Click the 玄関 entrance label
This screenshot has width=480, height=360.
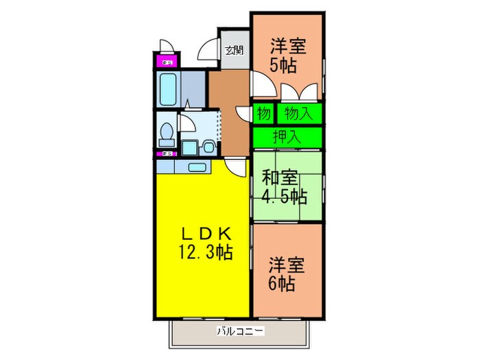click(234, 49)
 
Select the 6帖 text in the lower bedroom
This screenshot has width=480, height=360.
click(282, 283)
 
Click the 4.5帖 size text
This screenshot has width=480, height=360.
click(285, 197)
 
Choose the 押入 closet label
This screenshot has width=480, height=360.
click(287, 136)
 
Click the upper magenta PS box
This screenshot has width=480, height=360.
click(165, 63)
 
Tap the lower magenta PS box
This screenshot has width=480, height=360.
click(165, 154)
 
